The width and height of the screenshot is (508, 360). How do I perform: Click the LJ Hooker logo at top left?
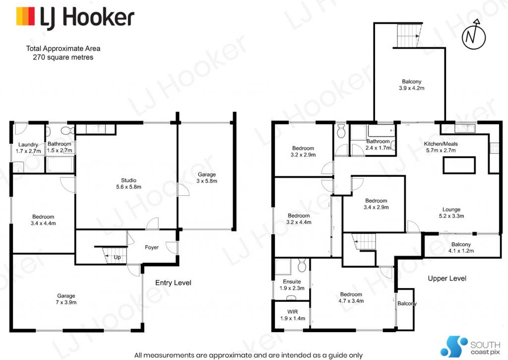click(75, 17)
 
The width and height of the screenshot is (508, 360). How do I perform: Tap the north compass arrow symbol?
click(474, 35)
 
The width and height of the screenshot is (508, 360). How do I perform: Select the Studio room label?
click(128, 180)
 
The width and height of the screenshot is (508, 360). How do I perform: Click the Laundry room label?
click(28, 144)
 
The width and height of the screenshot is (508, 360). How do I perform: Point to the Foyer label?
click(152, 247)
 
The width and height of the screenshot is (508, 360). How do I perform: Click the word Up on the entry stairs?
click(117, 257)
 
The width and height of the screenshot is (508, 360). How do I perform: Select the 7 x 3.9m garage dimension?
click(66, 302)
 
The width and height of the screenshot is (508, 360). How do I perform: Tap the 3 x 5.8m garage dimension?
click(207, 181)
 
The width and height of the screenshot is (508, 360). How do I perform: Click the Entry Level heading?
click(173, 283)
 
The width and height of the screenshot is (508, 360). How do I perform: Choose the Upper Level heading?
click(447, 278)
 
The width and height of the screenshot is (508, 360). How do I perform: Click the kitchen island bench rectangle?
click(459, 165)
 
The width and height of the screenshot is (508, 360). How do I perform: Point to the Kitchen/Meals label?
click(441, 144)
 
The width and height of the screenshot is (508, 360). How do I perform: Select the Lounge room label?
click(451, 210)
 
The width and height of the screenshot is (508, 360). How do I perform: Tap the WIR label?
click(293, 312)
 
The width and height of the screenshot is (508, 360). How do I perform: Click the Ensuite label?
click(292, 282)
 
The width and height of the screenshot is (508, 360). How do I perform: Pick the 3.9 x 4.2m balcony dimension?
click(411, 88)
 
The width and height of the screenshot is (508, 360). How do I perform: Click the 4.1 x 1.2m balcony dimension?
click(461, 251)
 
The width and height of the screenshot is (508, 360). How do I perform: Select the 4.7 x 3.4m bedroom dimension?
click(351, 301)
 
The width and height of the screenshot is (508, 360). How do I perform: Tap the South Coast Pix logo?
click(470, 347)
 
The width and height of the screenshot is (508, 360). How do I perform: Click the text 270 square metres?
click(63, 58)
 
